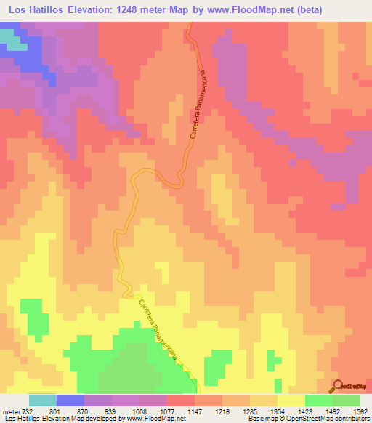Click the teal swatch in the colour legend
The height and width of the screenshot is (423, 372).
(43, 400)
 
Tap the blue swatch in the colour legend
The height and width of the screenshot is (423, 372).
(70, 400)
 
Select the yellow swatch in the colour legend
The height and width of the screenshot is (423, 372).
(291, 400)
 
